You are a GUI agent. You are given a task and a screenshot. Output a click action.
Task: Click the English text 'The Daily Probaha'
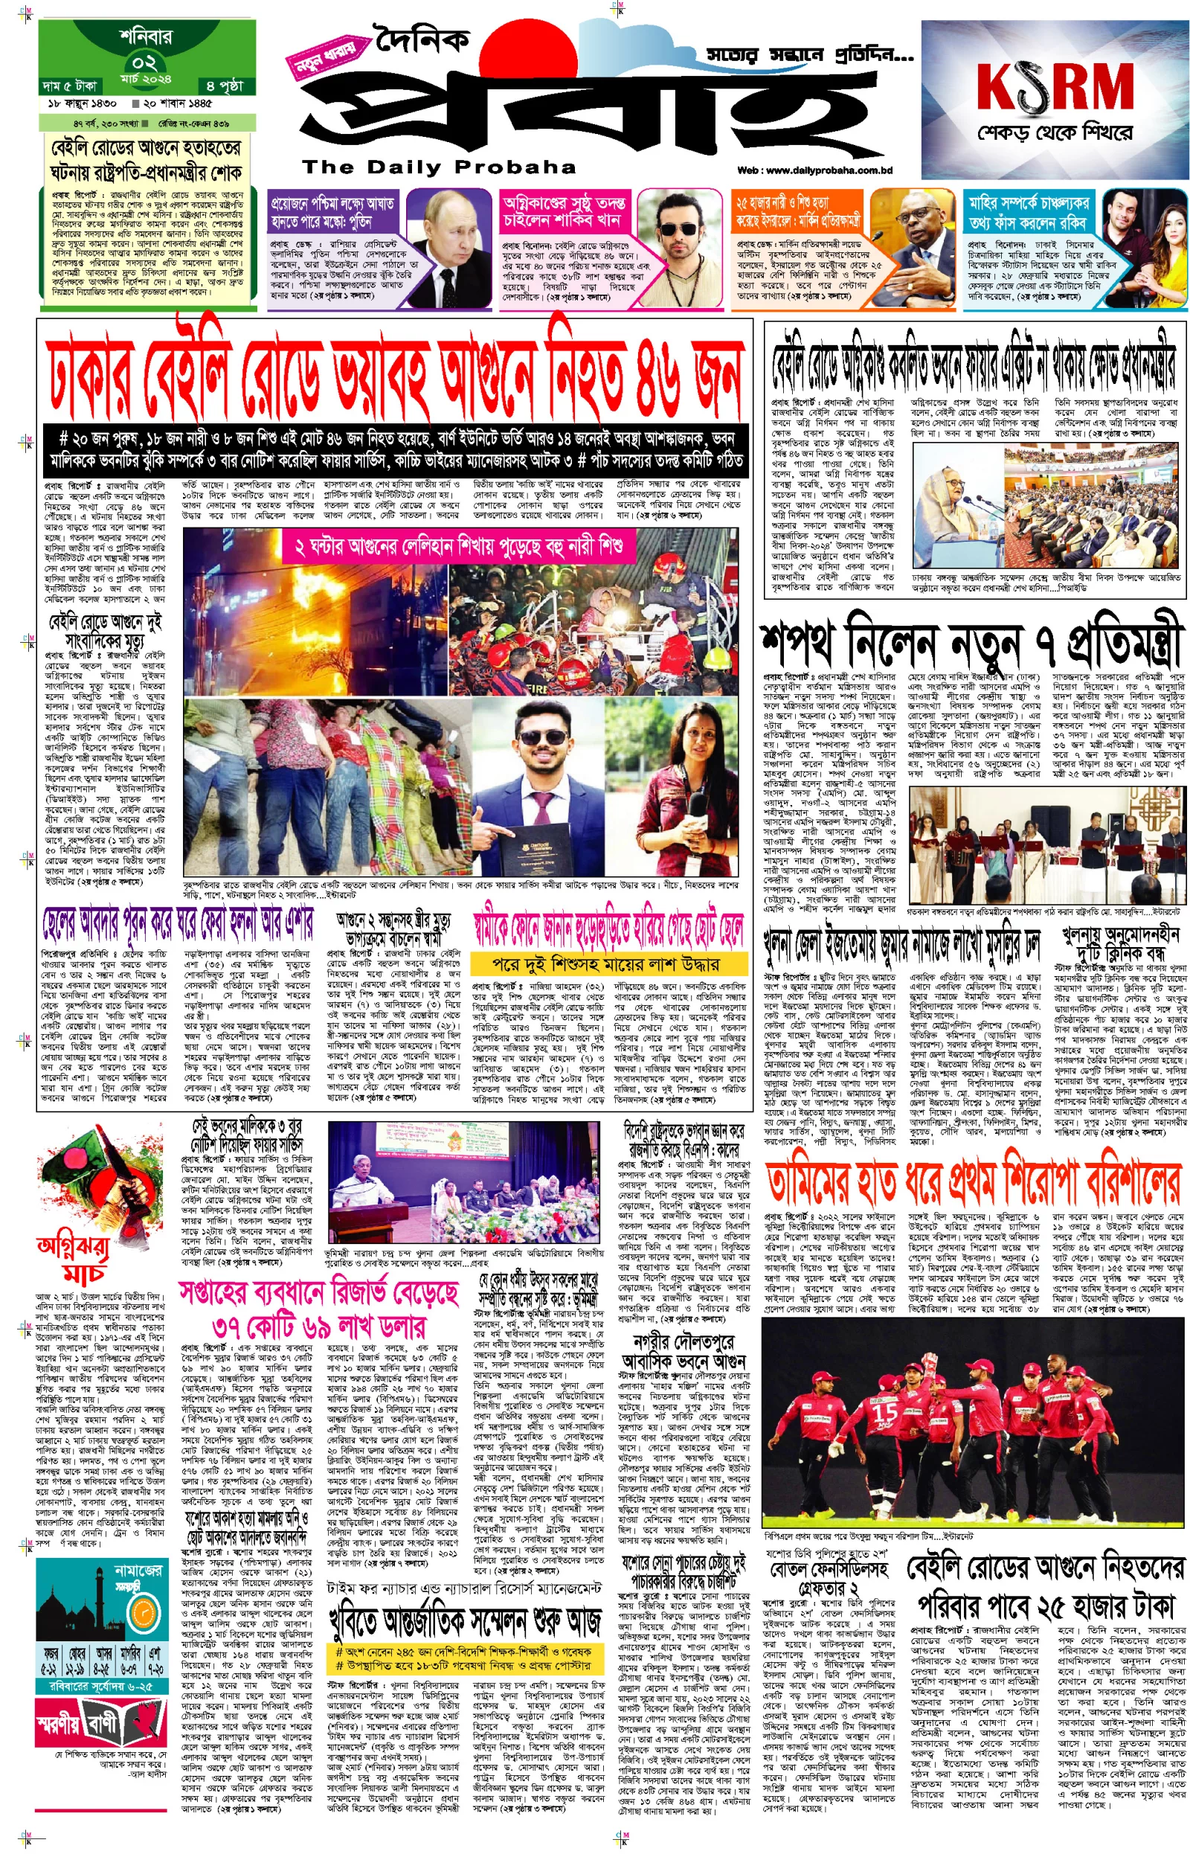point(439,167)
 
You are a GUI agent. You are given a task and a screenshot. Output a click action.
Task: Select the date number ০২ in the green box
point(144,62)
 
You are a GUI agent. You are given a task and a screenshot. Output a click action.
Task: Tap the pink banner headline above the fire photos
point(460,548)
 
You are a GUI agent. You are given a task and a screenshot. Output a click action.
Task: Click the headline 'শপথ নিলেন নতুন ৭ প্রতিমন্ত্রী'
point(972,643)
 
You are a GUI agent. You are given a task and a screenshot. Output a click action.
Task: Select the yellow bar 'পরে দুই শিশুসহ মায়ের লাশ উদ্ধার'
point(608,963)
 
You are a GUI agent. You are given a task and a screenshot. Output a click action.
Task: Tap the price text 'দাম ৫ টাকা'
point(71,86)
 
